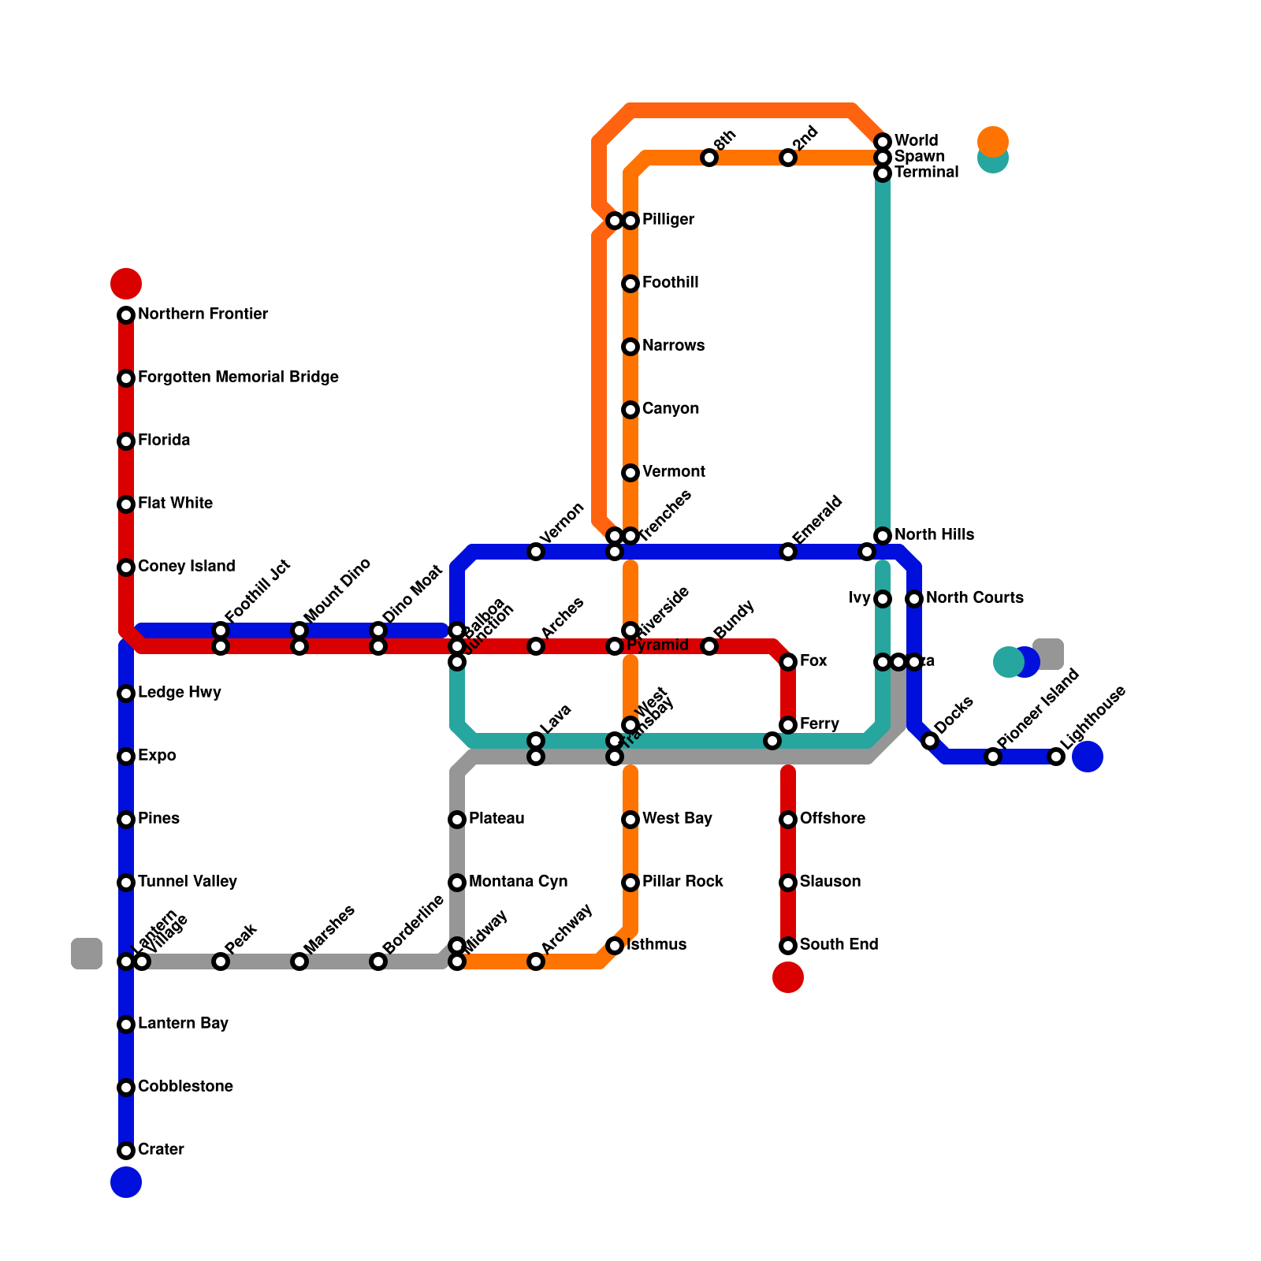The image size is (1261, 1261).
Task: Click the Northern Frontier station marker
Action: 126,315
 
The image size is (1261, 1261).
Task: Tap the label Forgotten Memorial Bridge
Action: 238,378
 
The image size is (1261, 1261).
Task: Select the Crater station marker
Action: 126,1151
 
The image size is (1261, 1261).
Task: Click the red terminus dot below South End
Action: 788,977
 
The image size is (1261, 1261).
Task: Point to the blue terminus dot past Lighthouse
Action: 1088,757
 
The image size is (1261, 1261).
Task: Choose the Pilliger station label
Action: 668,220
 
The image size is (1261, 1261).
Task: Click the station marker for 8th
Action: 709,158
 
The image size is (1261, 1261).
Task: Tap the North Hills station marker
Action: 883,536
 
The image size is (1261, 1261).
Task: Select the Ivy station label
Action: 859,598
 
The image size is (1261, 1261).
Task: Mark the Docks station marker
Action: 930,741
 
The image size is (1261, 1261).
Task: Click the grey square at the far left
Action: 87,954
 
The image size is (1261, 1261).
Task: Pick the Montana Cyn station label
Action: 518,882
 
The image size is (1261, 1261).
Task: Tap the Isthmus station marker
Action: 615,946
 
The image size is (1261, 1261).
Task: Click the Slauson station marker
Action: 788,883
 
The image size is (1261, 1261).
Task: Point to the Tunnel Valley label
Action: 187,882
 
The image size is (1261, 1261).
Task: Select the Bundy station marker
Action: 709,646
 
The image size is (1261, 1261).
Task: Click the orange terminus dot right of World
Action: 993,141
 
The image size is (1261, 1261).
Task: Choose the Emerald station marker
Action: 788,552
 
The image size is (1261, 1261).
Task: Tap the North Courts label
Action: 974,598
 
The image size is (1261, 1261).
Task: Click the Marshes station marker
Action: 299,962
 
